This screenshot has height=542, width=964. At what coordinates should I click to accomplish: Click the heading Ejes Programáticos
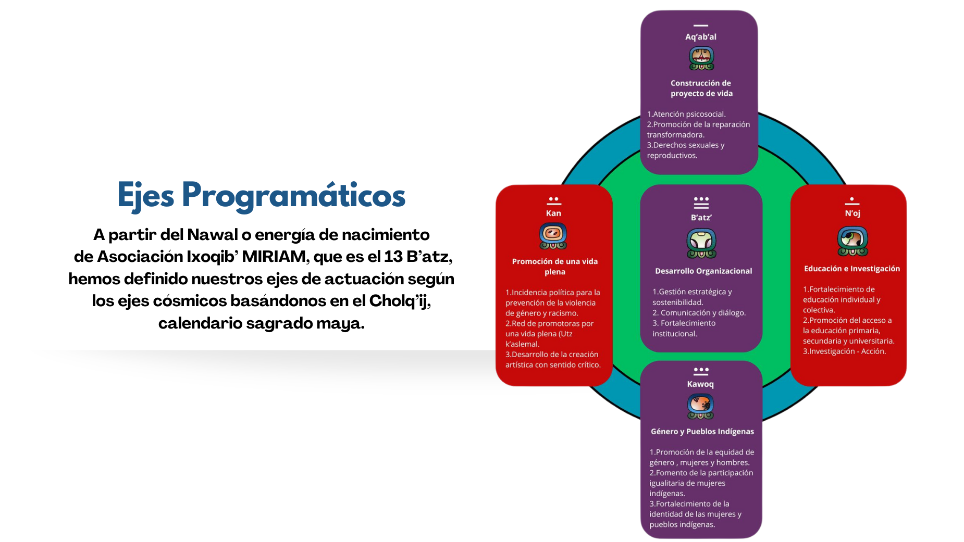click(x=261, y=195)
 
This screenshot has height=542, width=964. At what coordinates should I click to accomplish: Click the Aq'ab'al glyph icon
click(x=701, y=58)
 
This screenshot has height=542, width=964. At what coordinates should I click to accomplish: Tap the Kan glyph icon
click(x=553, y=236)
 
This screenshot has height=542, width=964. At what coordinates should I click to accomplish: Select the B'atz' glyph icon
click(x=701, y=243)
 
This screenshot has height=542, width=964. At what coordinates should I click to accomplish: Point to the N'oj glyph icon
click(x=852, y=241)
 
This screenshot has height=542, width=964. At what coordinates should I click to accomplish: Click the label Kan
click(x=553, y=213)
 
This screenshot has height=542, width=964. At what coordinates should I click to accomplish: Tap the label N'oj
click(x=852, y=213)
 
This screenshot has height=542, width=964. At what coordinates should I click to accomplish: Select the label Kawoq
click(x=700, y=384)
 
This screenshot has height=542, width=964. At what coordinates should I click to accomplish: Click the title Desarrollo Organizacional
click(x=703, y=271)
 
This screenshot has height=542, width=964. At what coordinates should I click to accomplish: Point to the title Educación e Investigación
click(x=852, y=269)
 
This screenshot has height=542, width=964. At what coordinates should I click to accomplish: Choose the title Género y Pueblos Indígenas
click(x=702, y=432)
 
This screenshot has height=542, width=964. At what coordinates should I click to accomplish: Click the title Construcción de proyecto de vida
click(x=701, y=89)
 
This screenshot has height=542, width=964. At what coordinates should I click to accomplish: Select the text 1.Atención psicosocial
click(x=686, y=114)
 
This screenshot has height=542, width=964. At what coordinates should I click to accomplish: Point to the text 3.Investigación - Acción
click(x=844, y=351)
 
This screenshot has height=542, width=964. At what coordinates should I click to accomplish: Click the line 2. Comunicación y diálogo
click(x=699, y=313)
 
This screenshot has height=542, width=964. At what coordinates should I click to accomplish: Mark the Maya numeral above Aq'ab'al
click(x=701, y=26)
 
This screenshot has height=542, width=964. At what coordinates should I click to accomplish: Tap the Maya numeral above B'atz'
click(x=701, y=203)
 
